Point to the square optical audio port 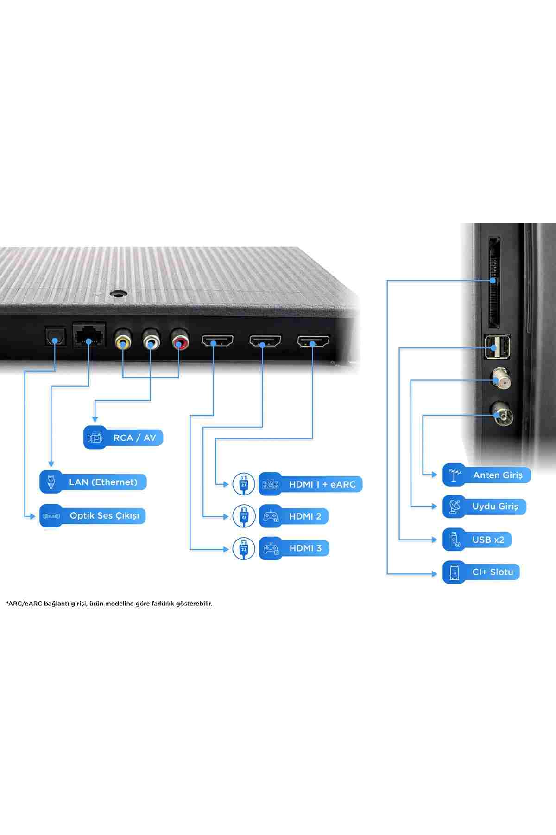click(55, 336)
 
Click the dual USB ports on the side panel click(497, 346)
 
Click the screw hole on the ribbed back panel click(119, 294)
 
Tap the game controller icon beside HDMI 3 click(271, 548)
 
